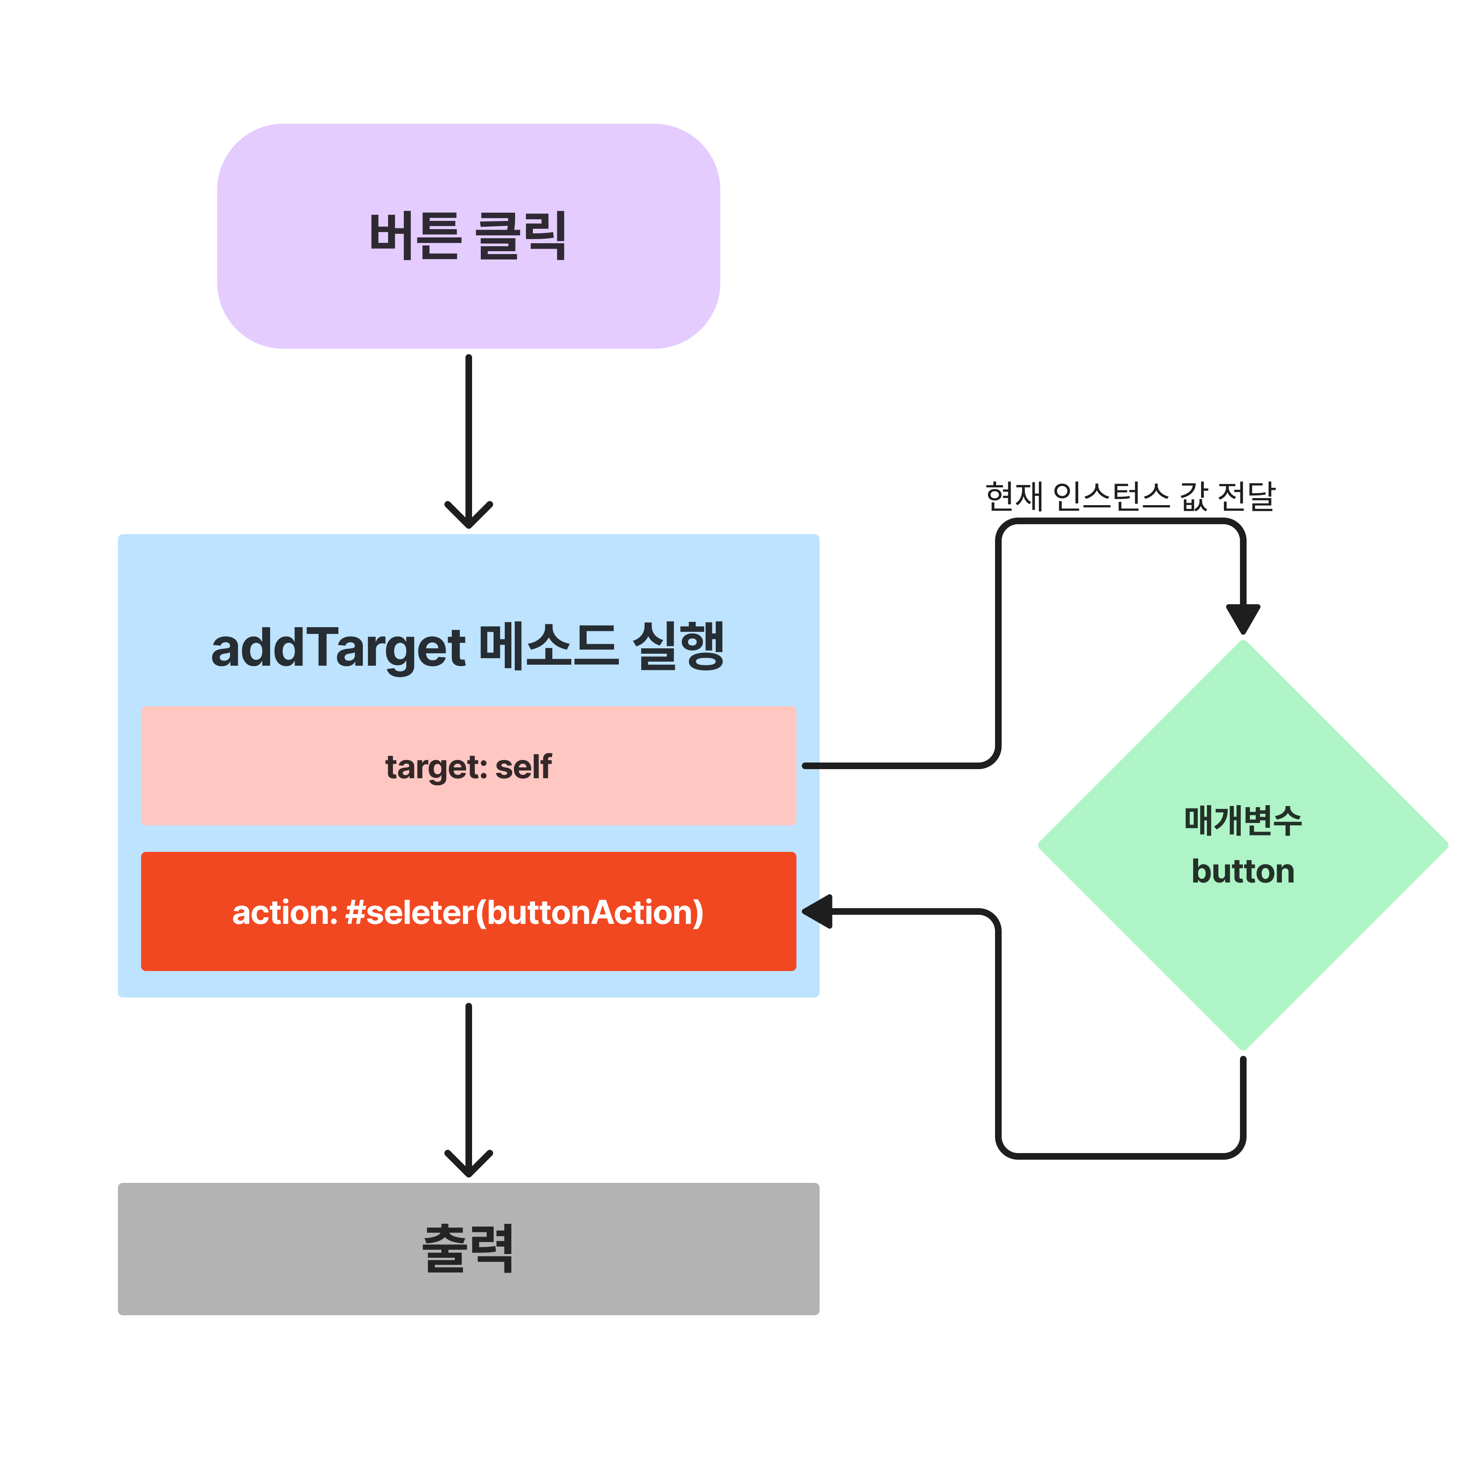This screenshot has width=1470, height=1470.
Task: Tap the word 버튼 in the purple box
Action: coord(415,236)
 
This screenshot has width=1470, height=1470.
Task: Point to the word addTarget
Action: coord(338,648)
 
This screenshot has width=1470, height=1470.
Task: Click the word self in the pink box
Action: coord(523,767)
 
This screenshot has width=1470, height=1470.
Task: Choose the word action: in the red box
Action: coord(285,913)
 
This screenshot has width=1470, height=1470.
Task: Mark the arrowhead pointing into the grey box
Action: coord(469,1165)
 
